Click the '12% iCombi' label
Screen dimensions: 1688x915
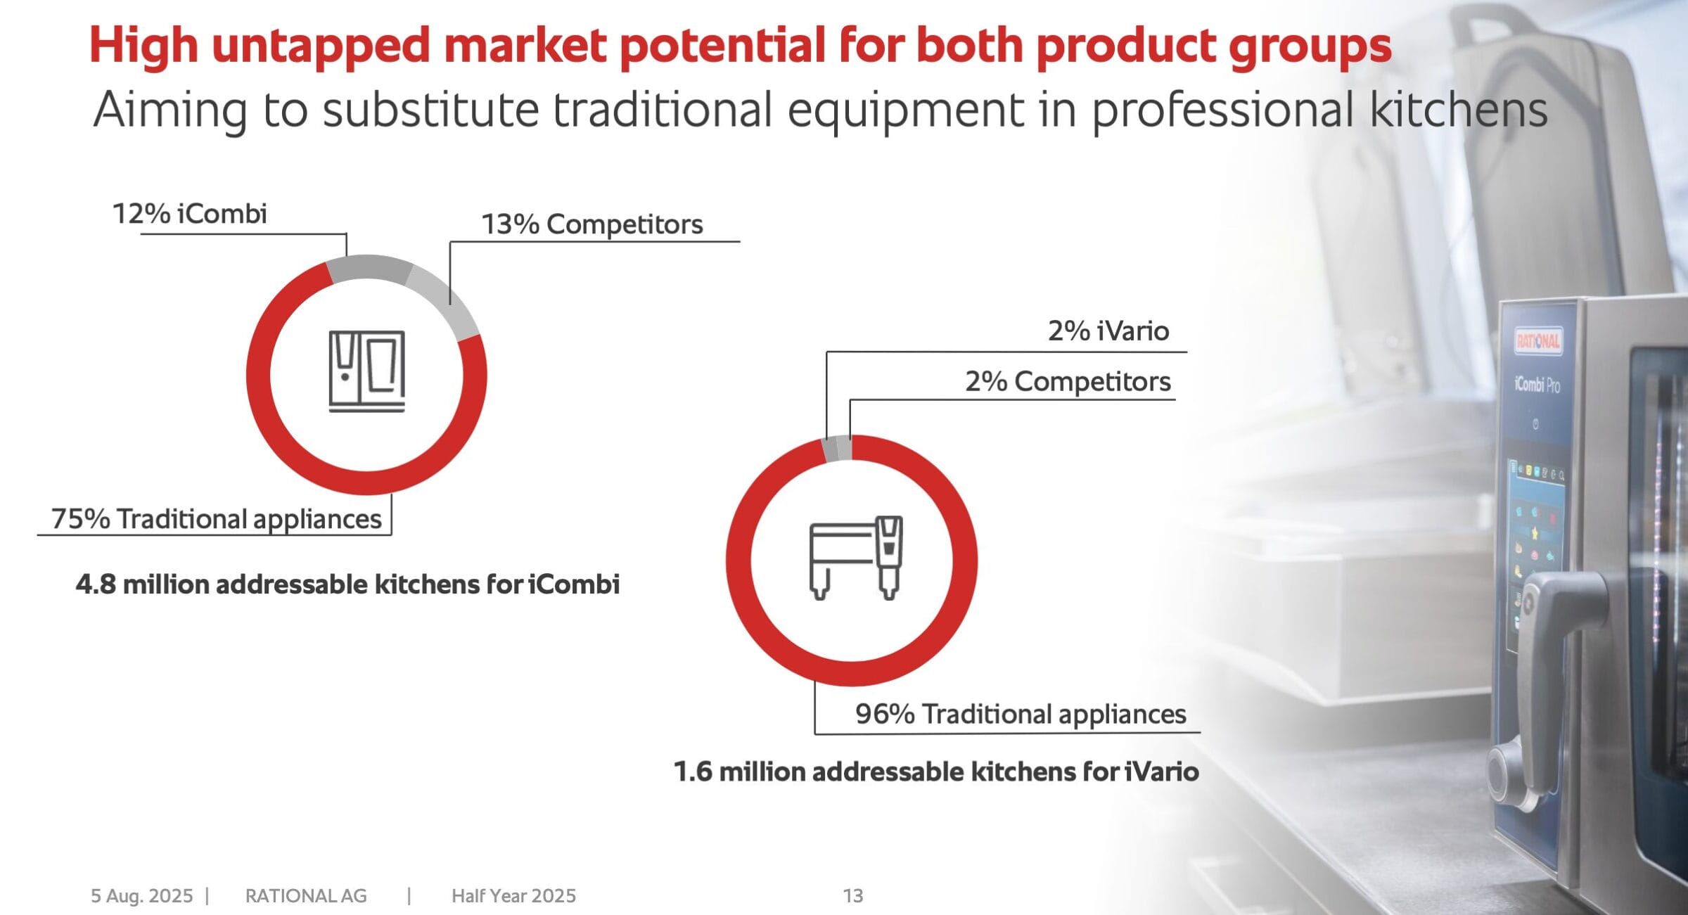pos(190,213)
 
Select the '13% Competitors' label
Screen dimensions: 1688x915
pos(592,224)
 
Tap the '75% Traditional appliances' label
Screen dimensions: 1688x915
pos(217,519)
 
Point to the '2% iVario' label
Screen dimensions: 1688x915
pos(1108,331)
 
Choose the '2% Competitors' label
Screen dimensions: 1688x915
pos(1068,381)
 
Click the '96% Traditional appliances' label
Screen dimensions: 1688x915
pos(1021,714)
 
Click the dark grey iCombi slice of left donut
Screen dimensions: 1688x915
pos(369,269)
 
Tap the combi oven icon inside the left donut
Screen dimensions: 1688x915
pos(367,371)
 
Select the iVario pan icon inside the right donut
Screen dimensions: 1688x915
pos(856,557)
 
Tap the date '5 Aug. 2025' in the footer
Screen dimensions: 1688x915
pos(142,896)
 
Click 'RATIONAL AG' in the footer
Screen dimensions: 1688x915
pos(306,896)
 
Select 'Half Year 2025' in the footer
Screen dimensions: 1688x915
pos(513,896)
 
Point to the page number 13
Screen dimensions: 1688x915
pos(853,896)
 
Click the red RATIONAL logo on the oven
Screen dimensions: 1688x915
pos(1538,341)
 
